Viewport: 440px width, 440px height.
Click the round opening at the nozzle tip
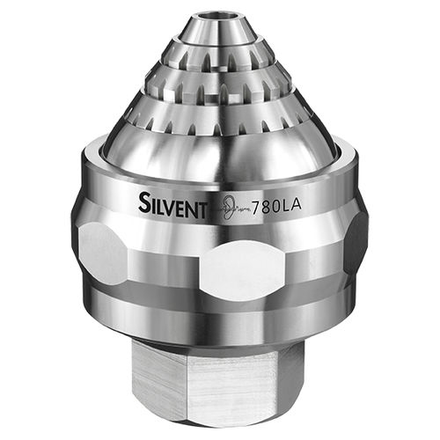pos(219,15)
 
